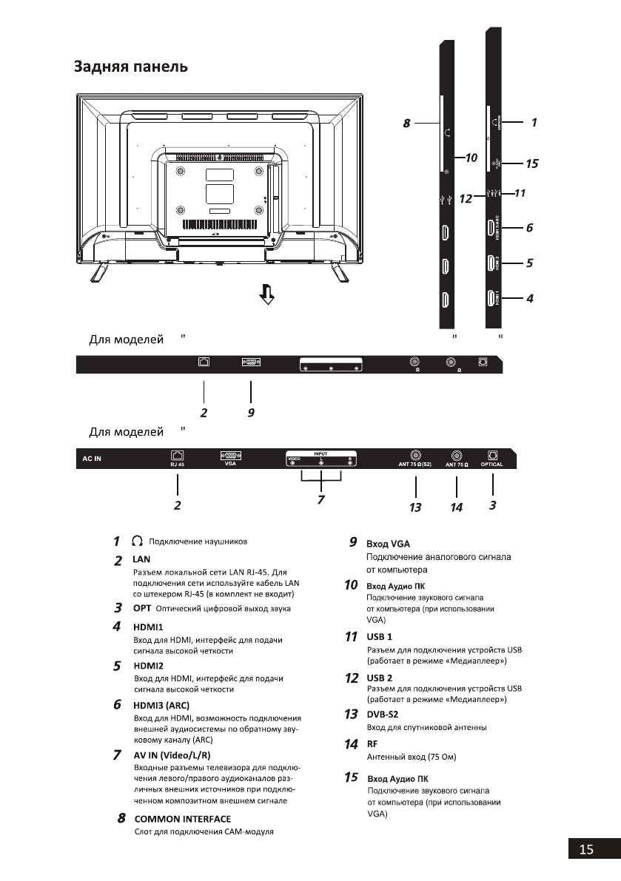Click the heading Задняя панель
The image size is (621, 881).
130,67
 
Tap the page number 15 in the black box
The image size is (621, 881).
586,849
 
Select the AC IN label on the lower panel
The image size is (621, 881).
92,459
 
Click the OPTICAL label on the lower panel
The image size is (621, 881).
491,465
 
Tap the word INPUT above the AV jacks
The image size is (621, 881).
320,453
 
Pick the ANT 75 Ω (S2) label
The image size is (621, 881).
416,465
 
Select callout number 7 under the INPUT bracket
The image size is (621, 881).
320,499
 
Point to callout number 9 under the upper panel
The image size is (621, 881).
251,412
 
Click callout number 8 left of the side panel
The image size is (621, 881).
406,124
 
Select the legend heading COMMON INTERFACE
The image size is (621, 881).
182,819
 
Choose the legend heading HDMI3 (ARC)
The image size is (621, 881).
161,705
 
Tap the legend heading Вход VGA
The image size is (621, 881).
383,544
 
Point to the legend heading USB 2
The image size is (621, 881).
379,678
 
